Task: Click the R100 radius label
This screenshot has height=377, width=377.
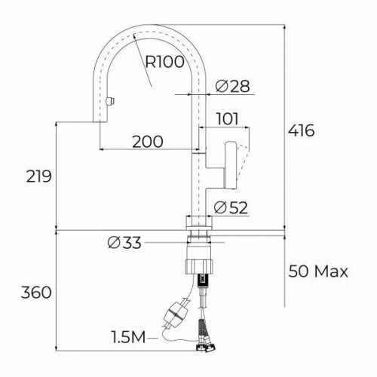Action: [x=164, y=62]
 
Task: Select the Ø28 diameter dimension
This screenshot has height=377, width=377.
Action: [x=232, y=86]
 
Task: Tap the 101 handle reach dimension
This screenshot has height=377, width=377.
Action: [x=227, y=119]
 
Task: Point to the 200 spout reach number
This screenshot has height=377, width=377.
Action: [x=148, y=142]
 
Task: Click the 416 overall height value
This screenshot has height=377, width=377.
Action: [x=301, y=130]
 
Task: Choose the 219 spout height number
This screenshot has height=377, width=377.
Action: [x=39, y=176]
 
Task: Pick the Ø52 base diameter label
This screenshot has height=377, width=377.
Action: [x=231, y=208]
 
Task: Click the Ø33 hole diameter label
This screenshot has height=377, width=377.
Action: [x=124, y=243]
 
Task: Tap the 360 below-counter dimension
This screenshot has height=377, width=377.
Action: [x=36, y=293]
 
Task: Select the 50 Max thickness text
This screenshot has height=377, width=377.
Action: [x=318, y=271]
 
